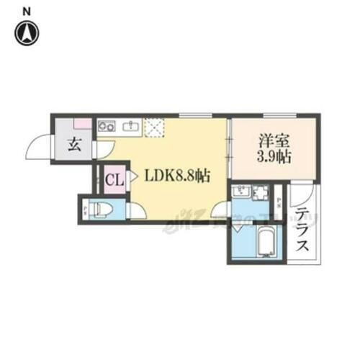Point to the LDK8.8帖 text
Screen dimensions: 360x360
click(x=177, y=175)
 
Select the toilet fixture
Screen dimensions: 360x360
click(x=103, y=210)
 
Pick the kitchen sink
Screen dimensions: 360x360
click(x=130, y=127)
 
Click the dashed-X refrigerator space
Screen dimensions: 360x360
click(x=156, y=127)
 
